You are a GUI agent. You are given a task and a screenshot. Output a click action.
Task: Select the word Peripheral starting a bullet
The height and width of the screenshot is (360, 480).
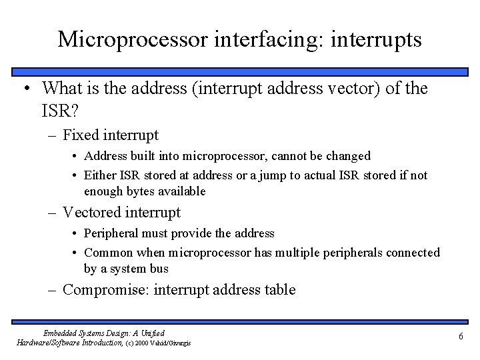(113, 233)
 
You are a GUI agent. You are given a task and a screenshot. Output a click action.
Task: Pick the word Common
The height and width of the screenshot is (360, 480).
(109, 253)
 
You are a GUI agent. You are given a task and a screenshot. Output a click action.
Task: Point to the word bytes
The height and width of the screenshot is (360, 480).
(145, 191)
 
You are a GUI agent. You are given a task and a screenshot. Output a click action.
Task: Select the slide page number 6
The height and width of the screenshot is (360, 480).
(460, 337)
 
